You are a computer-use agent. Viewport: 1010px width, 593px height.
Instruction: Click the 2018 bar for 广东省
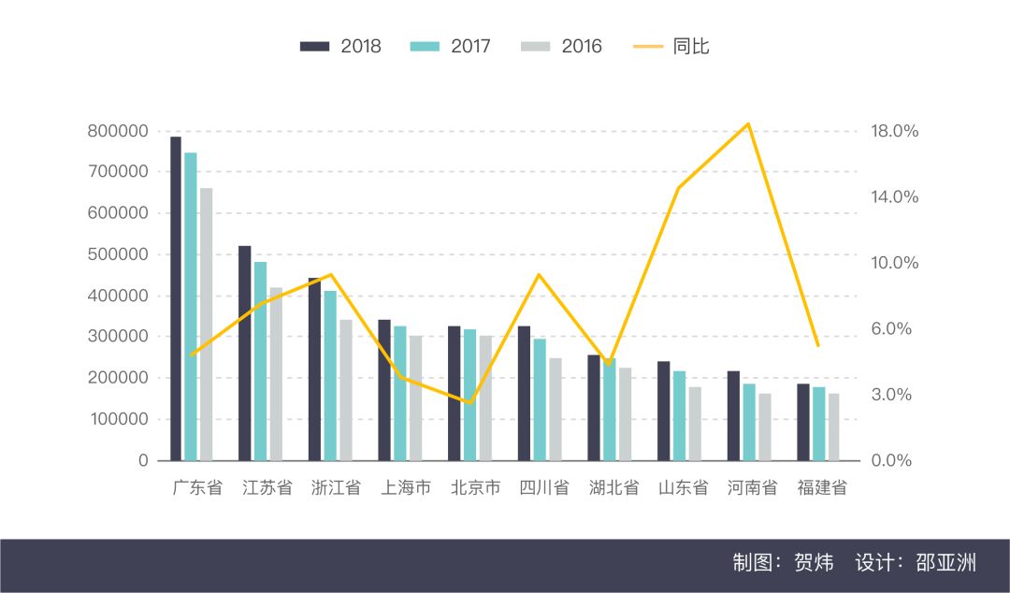176,299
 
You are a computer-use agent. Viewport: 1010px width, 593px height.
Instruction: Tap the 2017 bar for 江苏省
260,361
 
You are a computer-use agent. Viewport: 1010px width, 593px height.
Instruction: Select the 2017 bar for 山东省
679,415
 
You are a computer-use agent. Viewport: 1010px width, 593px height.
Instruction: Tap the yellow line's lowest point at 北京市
470,403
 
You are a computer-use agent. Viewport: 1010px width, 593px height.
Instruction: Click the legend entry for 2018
341,46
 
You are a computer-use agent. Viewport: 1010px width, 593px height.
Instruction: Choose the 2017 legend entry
451,46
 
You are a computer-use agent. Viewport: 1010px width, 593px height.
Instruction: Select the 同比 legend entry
673,46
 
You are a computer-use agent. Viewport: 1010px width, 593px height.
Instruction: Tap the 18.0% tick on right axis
895,131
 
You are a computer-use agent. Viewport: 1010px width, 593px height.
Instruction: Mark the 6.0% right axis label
891,329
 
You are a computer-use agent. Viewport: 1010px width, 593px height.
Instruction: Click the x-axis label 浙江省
336,487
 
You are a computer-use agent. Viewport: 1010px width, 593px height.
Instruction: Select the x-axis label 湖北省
613,487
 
